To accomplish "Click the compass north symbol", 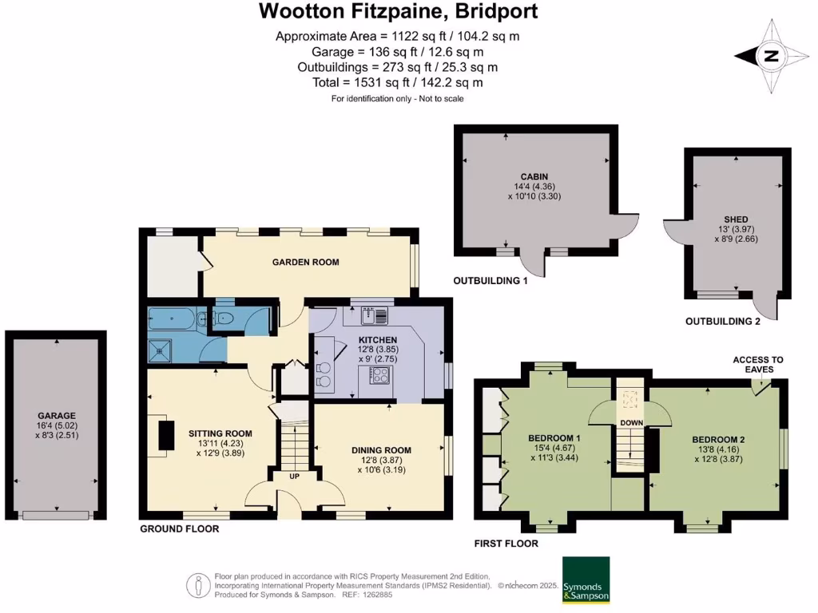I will pyautogui.click(x=769, y=55).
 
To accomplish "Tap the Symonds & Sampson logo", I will pyautogui.click(x=586, y=579).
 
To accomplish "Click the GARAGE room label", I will pyautogui.click(x=56, y=415).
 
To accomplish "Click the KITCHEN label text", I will pyautogui.click(x=377, y=340).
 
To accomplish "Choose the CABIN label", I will pyautogui.click(x=534, y=176).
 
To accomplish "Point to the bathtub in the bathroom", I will pyautogui.click(x=172, y=320).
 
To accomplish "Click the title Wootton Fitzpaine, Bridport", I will pyautogui.click(x=398, y=12).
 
